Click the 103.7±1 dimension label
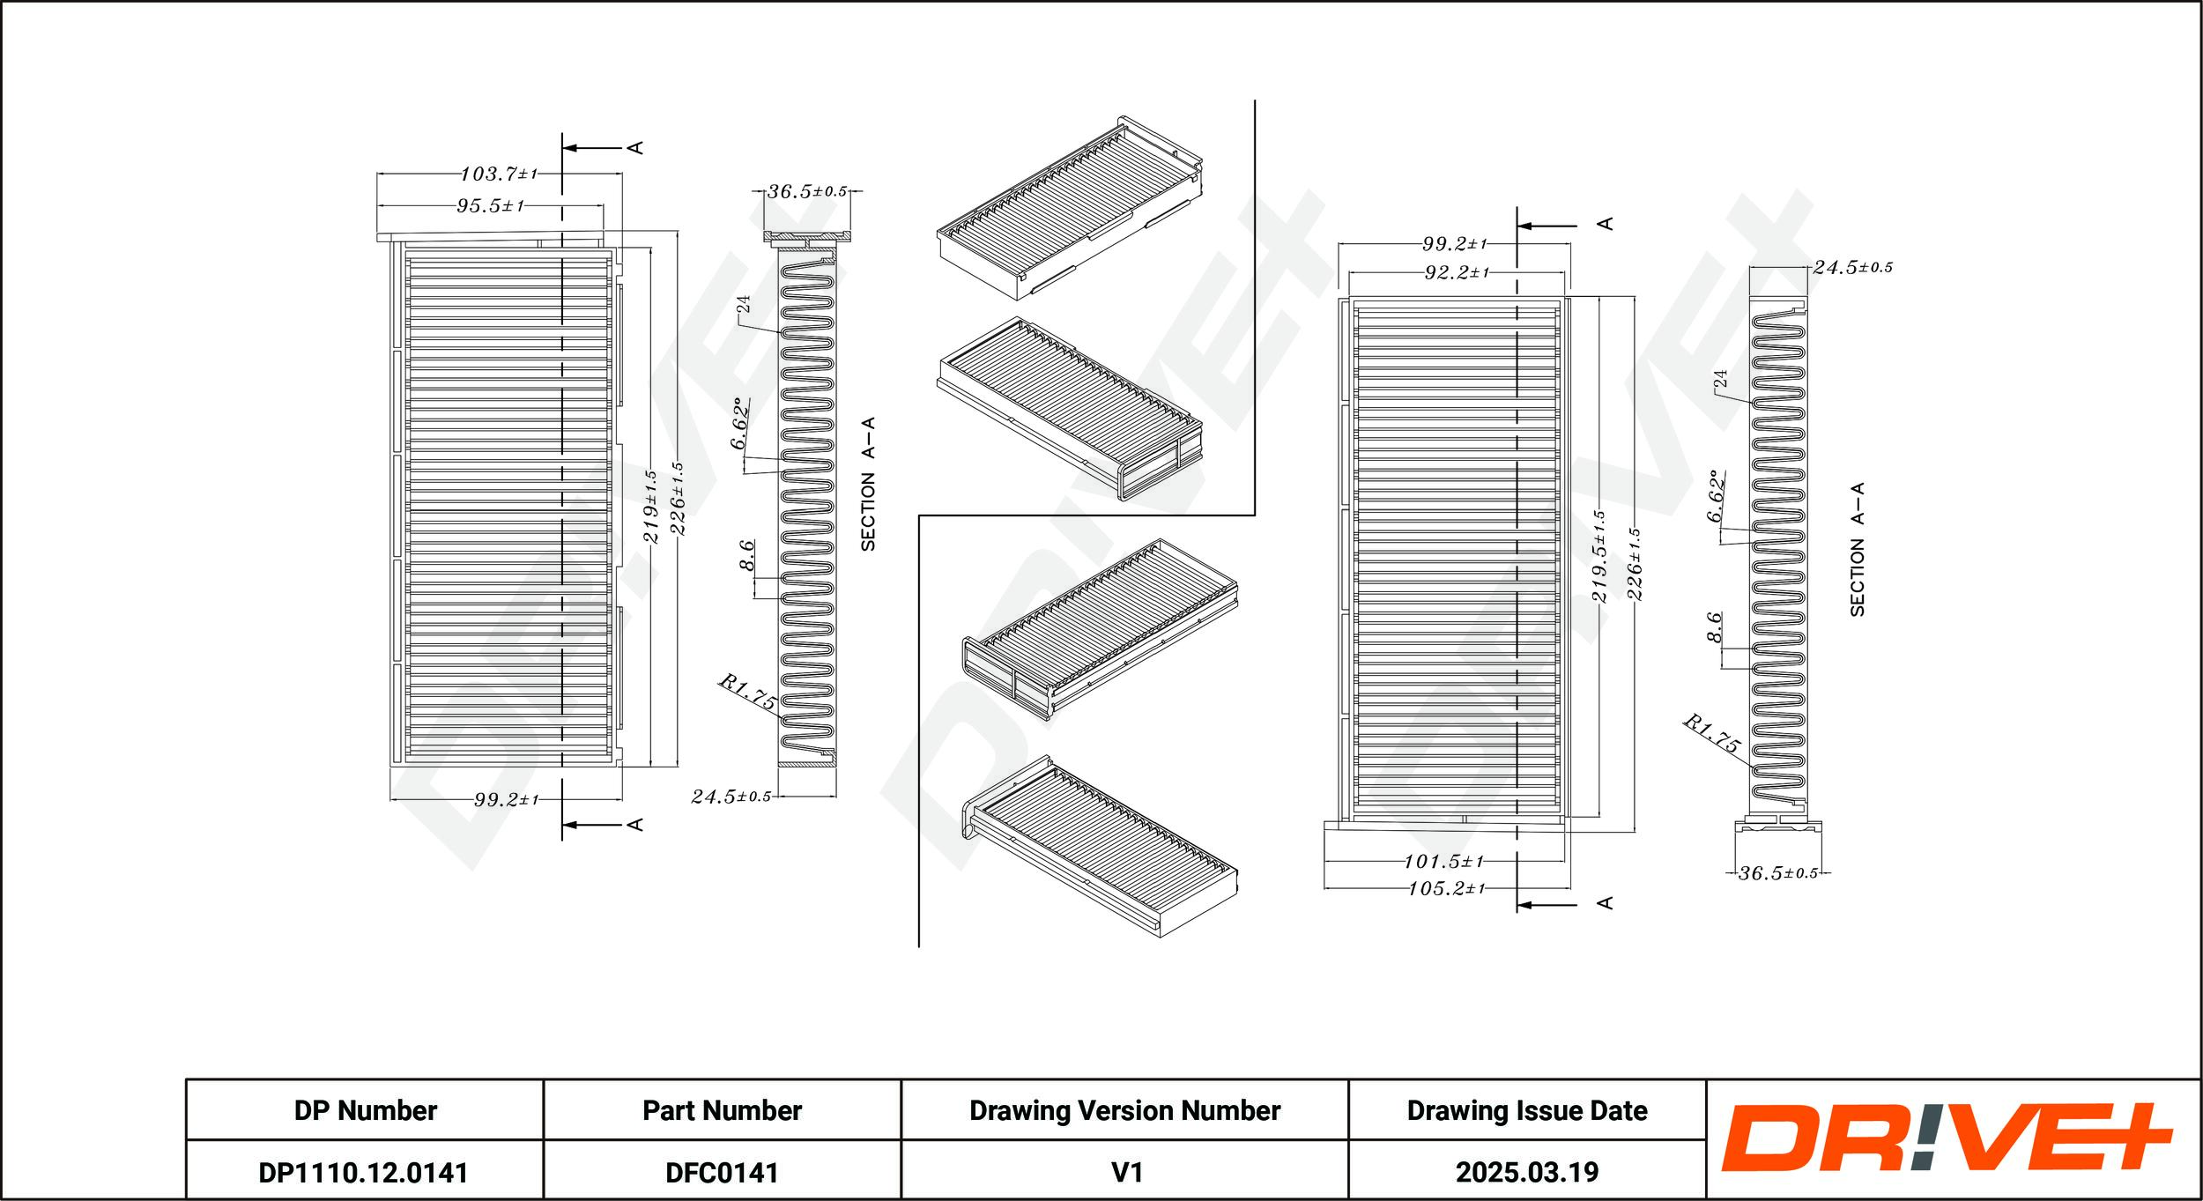pyautogui.click(x=499, y=174)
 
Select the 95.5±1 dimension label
pyautogui.click(x=490, y=205)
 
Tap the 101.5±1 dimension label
pyautogui.click(x=1444, y=861)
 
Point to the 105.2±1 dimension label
pyautogui.click(x=1446, y=888)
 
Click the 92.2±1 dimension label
pyautogui.click(x=1456, y=273)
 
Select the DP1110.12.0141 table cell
pyautogui.click(x=364, y=1171)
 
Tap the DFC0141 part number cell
pyautogui.click(x=722, y=1171)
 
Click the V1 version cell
pyautogui.click(x=1125, y=1171)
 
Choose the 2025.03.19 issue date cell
pyautogui.click(x=1527, y=1171)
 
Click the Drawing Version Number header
pyautogui.click(x=1124, y=1110)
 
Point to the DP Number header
pyautogui.click(x=365, y=1110)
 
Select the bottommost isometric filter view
pyautogui.click(x=1101, y=847)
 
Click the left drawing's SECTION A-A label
pyautogui.click(x=868, y=485)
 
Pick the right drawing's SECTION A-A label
pyautogui.click(x=1857, y=549)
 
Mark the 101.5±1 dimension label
pyautogui.click(x=1444, y=861)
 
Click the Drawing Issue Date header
pyautogui.click(x=1527, y=1110)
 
